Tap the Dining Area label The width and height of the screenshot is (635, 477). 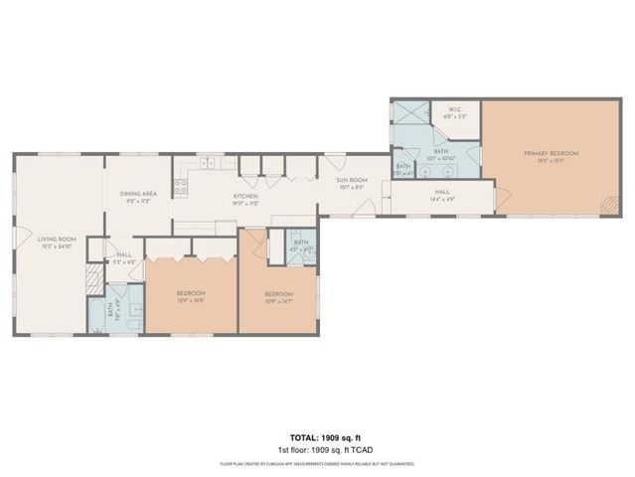tap(139, 197)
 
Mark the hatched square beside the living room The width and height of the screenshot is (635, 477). tap(93, 277)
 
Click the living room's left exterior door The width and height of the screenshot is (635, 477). tap(19, 241)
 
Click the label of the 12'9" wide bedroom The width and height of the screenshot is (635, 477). tap(191, 296)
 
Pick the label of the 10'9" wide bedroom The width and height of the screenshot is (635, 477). tap(278, 297)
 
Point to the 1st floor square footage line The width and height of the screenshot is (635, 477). tap(317, 449)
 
